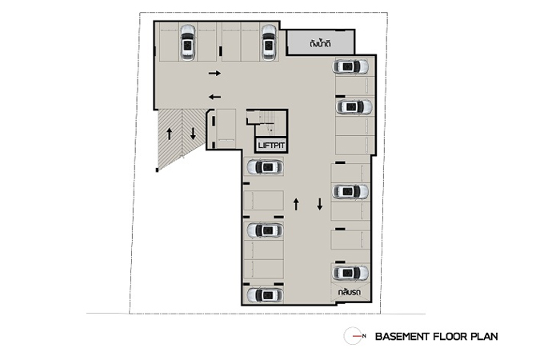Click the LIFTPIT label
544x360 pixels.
[x=272, y=146]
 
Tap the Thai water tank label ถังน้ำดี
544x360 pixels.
[x=320, y=44]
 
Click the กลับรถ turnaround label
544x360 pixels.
[x=350, y=292]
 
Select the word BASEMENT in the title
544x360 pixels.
[x=402, y=337]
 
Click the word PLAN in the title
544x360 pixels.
[x=485, y=337]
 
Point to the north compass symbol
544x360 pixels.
[x=354, y=336]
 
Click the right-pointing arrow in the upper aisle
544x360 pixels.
[x=214, y=73]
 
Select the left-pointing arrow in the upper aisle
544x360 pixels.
[x=214, y=97]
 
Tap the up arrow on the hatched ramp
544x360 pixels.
[x=170, y=134]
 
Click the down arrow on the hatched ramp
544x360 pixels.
[x=193, y=134]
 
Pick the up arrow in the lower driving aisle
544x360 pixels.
[x=296, y=204]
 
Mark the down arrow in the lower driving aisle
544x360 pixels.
[x=319, y=204]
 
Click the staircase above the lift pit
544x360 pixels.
[x=266, y=122]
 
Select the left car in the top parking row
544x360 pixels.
[x=187, y=42]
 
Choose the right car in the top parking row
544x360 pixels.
[x=269, y=42]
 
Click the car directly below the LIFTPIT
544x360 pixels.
[x=266, y=167]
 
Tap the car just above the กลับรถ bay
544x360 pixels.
[x=350, y=274]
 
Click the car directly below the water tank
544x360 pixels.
[x=350, y=67]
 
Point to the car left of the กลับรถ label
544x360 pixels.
[x=266, y=295]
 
